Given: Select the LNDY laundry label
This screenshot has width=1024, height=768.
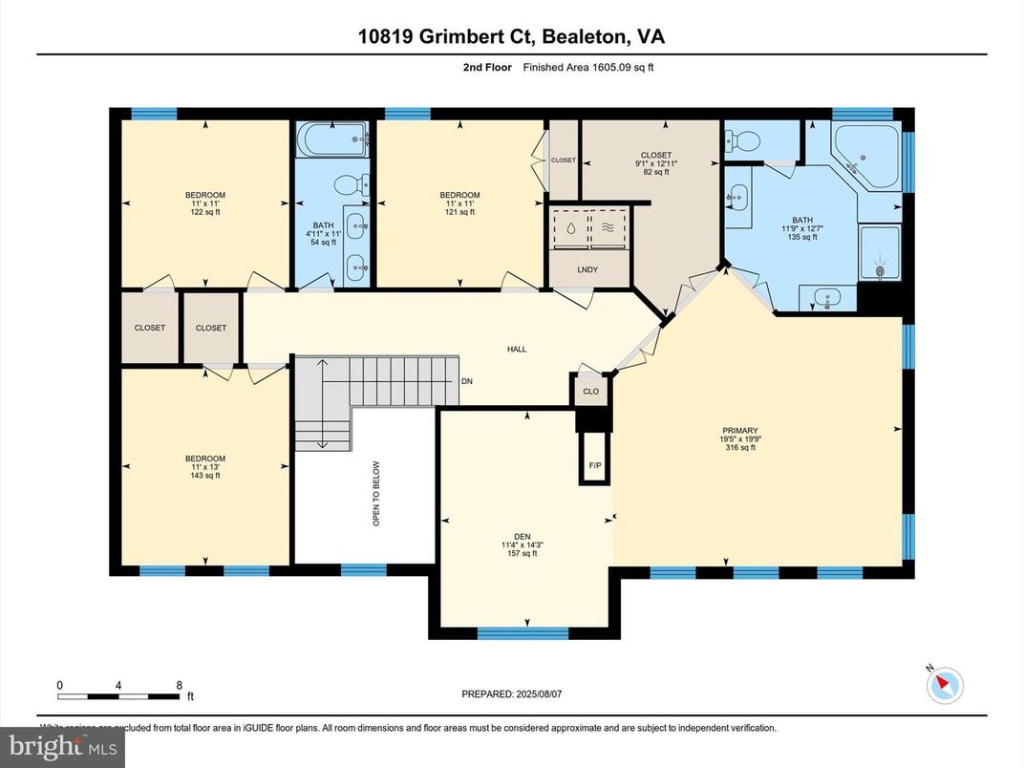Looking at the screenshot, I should click(587, 269).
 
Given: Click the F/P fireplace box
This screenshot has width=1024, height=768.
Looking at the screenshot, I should click(593, 465).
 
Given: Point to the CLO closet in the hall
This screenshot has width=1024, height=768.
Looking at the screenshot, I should click(590, 392).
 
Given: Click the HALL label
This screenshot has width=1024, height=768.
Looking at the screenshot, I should click(517, 350).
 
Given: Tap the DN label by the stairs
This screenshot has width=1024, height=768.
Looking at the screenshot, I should click(467, 380).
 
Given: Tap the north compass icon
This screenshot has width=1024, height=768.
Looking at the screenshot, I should click(946, 684).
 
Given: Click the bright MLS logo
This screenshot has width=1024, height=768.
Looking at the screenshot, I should click(63, 746).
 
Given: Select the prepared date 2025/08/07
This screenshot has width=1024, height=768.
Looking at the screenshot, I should click(548, 694).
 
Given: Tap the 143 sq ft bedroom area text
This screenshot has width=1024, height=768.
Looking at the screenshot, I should click(205, 475).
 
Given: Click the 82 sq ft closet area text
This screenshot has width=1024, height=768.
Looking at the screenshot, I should click(655, 172).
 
